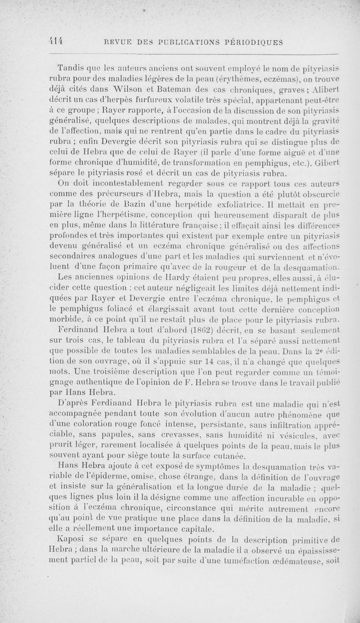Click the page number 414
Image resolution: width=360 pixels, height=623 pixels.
pyautogui.click(x=57, y=41)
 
